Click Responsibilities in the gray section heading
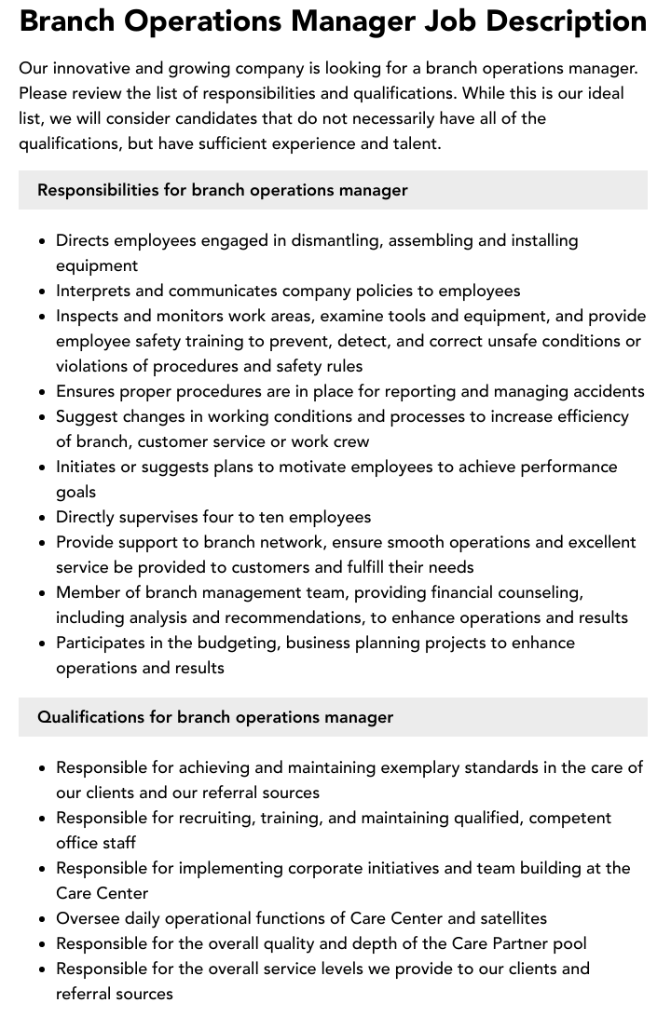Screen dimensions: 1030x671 pyautogui.click(x=98, y=190)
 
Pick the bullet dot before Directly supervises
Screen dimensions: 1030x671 pyautogui.click(x=43, y=518)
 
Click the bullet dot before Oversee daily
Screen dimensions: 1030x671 pyautogui.click(x=43, y=919)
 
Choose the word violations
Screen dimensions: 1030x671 pyautogui.click(x=94, y=366)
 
